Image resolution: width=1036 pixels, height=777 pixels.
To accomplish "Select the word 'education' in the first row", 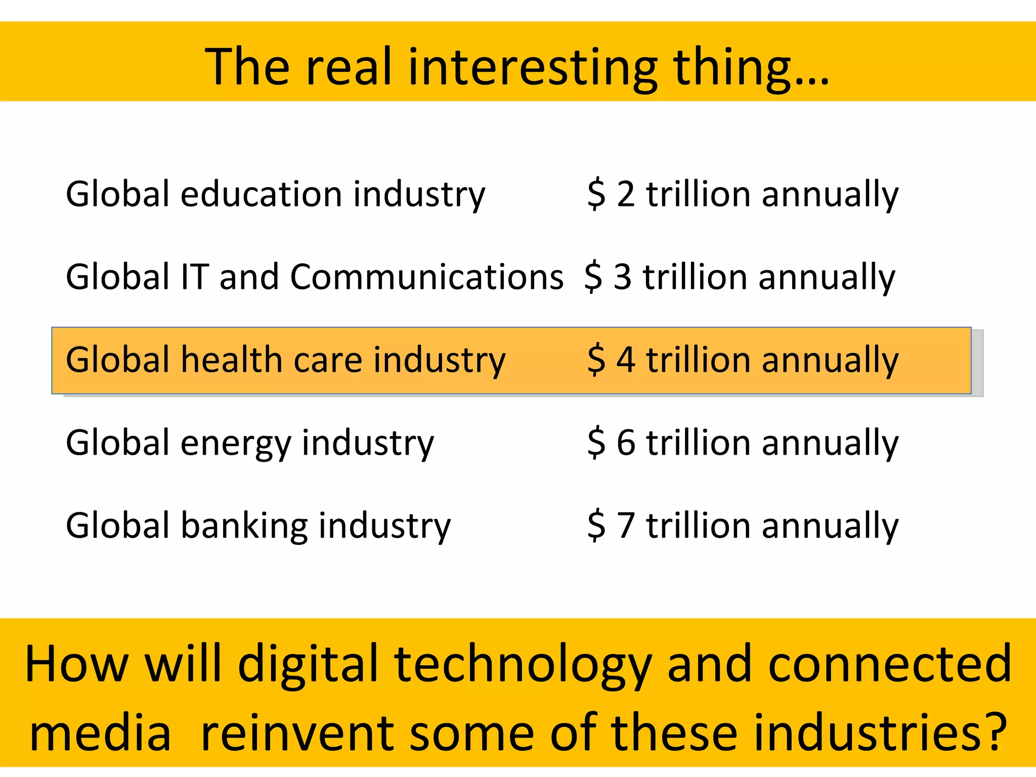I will coord(261,194).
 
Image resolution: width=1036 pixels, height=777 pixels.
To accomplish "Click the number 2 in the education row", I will coord(626,194).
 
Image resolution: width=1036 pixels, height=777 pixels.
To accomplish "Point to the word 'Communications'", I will coord(426,277).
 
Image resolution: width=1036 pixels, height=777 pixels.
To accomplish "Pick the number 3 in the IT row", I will coord(623,277).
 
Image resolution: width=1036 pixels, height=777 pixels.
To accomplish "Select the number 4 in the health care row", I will coord(626,360).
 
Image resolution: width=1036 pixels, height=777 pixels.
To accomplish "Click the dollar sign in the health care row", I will coord(596,360).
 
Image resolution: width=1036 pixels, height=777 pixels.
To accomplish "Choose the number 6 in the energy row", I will coord(626,443).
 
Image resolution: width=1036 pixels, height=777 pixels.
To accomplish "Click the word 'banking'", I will coord(244,526).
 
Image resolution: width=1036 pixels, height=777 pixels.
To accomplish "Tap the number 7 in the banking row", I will coord(626,526).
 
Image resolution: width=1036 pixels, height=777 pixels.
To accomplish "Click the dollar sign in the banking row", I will coord(596,526).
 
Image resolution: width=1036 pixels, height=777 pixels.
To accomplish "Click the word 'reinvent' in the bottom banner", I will coord(297,733).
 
